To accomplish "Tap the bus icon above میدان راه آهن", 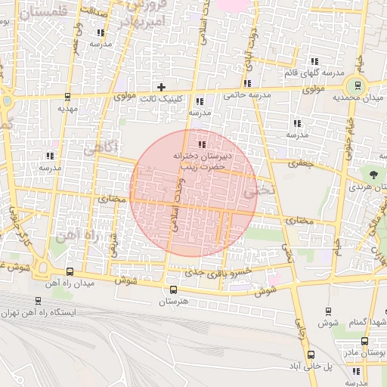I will (70, 272).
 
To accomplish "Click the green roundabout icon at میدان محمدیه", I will (354, 85).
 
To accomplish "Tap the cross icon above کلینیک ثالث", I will (161, 87).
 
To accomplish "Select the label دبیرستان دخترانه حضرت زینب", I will (200, 159).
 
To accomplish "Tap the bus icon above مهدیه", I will (68, 97).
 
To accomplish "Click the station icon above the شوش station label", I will (327, 311).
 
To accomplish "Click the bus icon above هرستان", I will (173, 289).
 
